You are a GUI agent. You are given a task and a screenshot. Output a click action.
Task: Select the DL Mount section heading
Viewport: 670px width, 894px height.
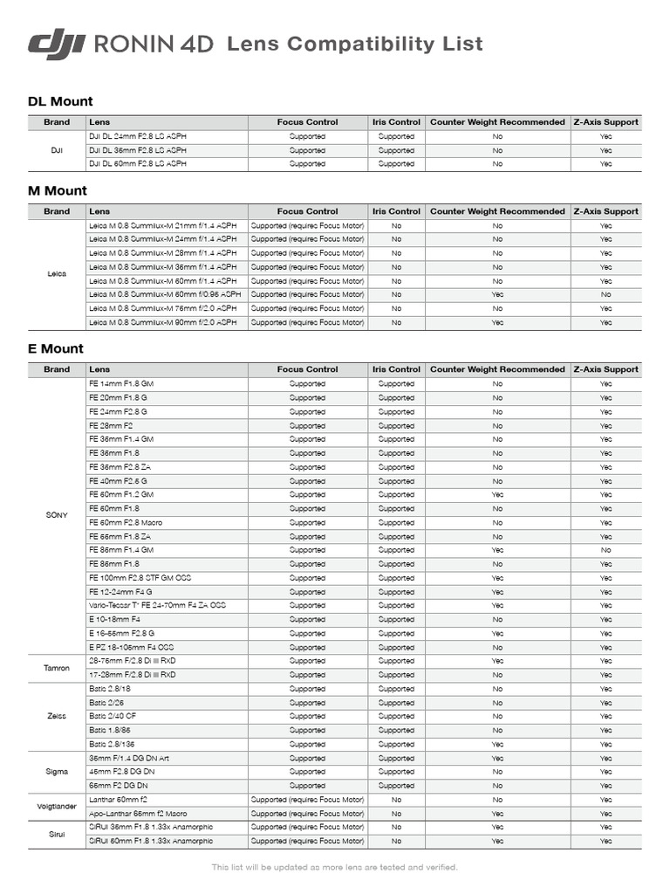60,101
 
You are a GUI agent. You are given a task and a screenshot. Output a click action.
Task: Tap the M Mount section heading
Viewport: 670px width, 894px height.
58,190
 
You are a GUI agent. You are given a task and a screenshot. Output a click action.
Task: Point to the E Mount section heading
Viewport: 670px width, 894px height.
56,348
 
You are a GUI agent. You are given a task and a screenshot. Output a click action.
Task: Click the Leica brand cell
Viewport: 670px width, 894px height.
57,274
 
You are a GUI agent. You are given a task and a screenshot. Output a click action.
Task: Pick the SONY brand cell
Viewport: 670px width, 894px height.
57,515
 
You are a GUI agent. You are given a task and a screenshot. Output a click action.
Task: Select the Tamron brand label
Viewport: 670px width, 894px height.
57,668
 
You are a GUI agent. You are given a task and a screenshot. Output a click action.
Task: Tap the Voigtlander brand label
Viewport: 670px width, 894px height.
57,807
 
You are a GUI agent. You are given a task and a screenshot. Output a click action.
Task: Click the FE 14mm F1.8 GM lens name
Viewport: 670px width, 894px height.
121,384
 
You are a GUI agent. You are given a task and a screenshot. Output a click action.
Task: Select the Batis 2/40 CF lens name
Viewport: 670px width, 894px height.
113,717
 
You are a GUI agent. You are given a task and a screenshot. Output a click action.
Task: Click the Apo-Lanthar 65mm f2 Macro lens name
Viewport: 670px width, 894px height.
138,814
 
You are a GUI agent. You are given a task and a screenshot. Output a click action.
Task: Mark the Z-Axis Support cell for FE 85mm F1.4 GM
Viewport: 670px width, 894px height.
605,550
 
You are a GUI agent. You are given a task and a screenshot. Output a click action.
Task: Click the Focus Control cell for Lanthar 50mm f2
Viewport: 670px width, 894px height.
307,800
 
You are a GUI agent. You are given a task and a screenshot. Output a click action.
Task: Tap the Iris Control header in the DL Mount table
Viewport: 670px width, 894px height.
396,122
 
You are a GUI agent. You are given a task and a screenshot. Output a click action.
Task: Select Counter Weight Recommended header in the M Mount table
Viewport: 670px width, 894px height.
497,211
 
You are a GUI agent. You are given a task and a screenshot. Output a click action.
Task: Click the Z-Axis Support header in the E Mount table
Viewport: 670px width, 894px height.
605,369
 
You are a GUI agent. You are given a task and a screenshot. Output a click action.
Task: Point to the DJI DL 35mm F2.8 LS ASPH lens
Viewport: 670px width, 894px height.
138,150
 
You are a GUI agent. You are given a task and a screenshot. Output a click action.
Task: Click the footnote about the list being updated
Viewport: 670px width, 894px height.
335,867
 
